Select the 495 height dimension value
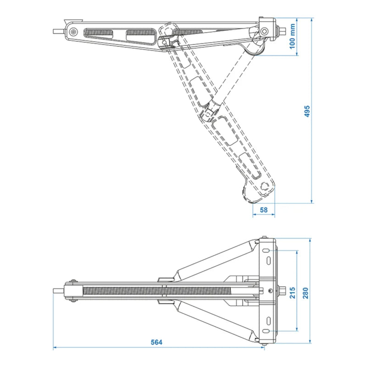pos(307,111)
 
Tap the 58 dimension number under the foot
pos(263,209)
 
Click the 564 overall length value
pos(156,342)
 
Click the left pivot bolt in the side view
pos(73,32)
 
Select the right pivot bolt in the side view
pos(264,31)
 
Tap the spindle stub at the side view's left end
pos(57,32)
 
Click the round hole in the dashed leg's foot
pos(264,186)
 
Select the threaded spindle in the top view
pos(161,290)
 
